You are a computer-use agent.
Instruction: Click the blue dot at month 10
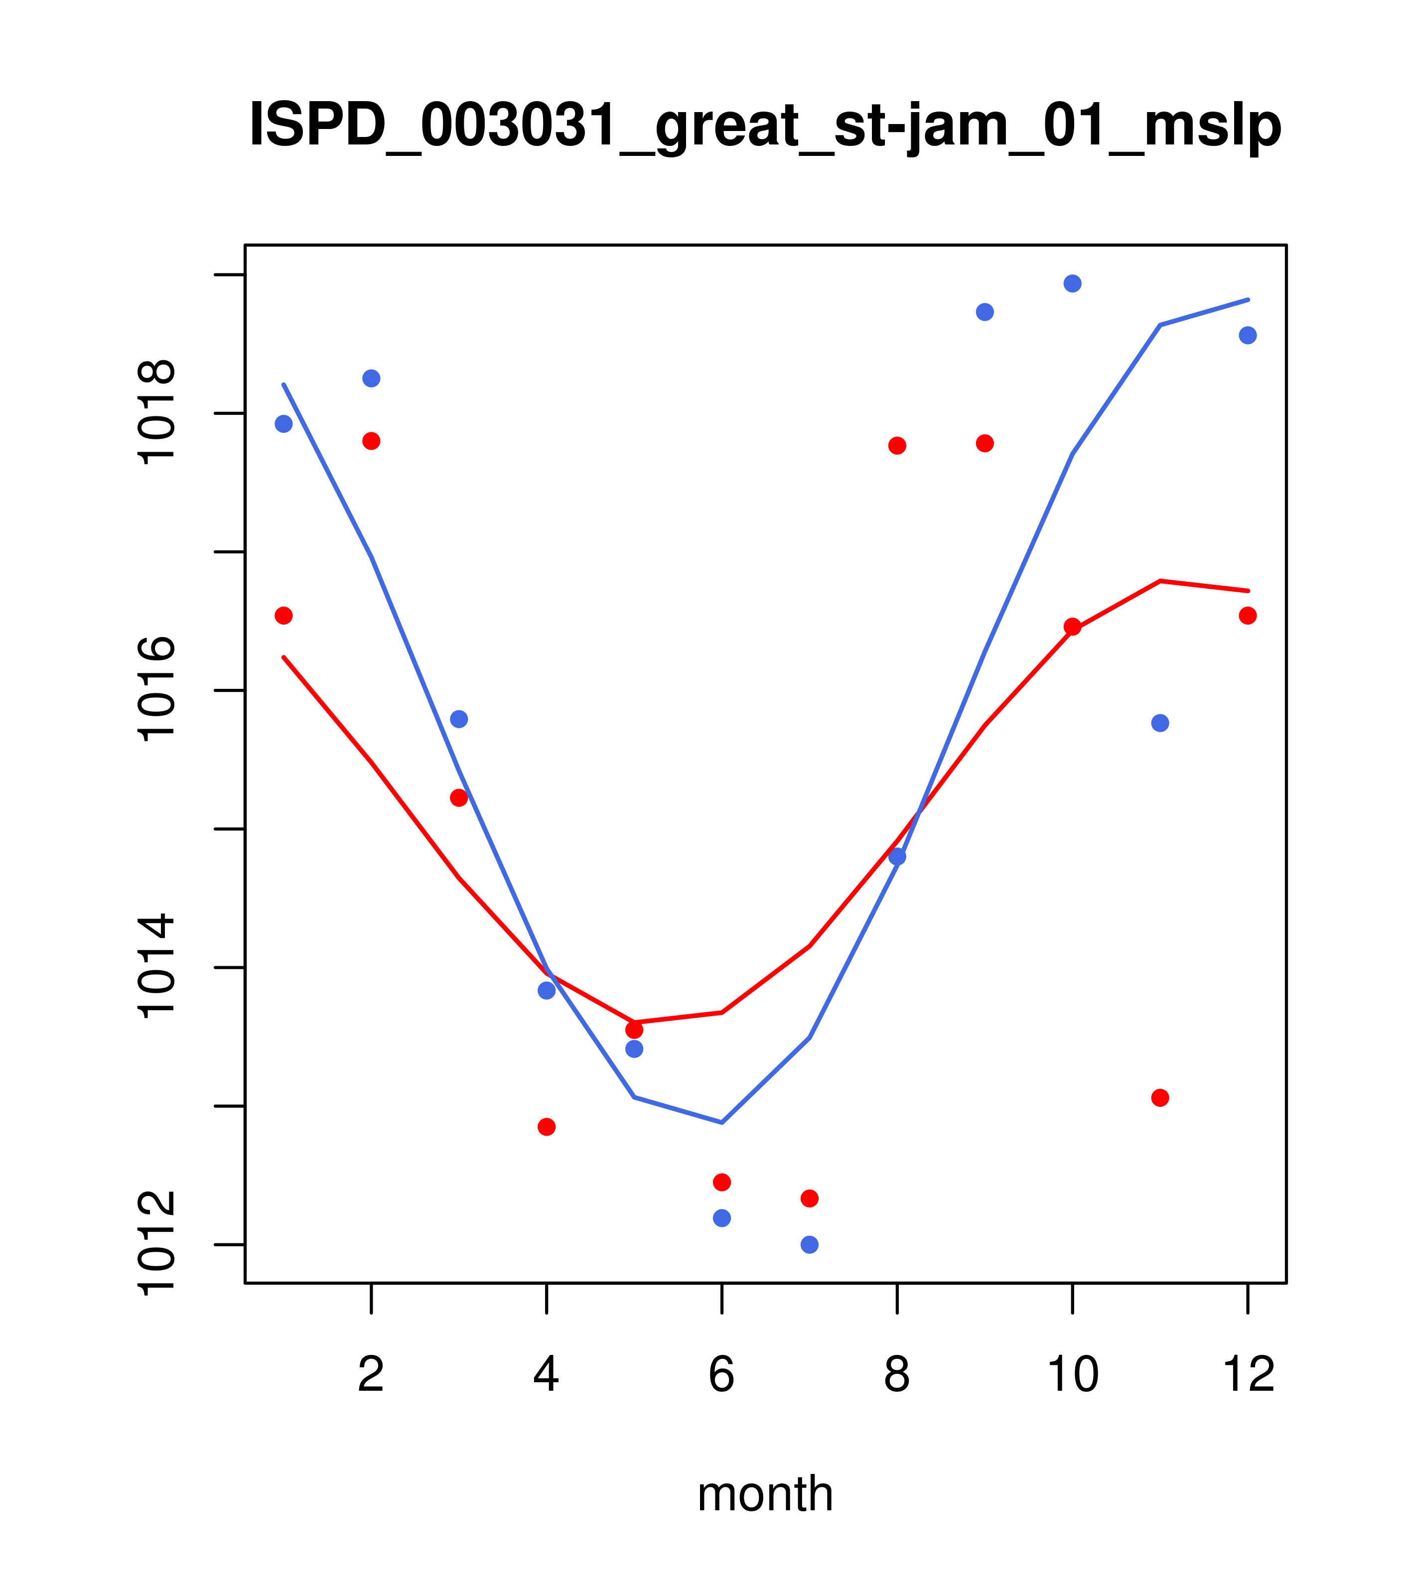[x=1072, y=283]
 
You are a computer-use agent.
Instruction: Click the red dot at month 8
[x=897, y=445]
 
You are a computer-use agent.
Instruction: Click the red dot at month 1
[x=283, y=615]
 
